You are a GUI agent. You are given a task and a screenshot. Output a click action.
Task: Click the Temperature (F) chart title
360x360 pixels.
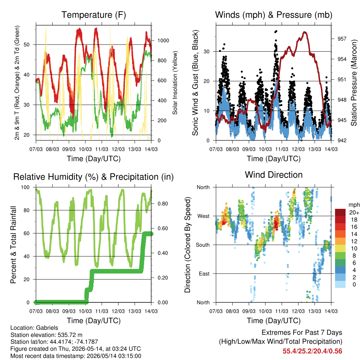click(x=94, y=15)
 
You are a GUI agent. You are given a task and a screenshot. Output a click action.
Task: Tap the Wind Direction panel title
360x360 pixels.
click(x=274, y=175)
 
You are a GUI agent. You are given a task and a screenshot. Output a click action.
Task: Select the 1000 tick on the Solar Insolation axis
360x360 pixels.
click(x=163, y=41)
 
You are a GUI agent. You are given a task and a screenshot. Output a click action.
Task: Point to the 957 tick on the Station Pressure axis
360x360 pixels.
click(x=342, y=39)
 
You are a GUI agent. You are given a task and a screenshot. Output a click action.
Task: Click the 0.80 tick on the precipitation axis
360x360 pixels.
click(x=163, y=204)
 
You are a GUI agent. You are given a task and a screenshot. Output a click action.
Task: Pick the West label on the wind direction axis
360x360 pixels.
click(x=204, y=216)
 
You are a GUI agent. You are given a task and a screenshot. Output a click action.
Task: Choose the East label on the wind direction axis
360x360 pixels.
click(x=204, y=274)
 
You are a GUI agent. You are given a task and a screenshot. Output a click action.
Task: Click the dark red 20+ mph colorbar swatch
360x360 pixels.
click(x=340, y=212)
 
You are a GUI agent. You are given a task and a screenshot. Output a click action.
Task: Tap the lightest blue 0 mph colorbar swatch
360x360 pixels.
click(x=340, y=284)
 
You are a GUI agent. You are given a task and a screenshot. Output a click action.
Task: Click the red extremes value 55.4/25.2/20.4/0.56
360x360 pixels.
click(x=312, y=351)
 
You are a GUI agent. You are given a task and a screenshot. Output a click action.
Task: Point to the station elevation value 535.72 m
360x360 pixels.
click(x=69, y=335)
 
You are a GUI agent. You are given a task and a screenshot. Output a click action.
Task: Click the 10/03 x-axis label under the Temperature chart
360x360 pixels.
click(x=85, y=149)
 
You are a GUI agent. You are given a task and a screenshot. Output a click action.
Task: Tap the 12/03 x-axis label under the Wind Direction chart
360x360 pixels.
click(x=298, y=311)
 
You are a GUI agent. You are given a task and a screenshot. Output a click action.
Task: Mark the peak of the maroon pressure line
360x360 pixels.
click(x=305, y=32)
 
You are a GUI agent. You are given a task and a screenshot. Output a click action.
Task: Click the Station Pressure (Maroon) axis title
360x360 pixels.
click(x=354, y=83)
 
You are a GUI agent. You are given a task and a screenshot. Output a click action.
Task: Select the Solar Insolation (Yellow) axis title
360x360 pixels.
click(x=175, y=83)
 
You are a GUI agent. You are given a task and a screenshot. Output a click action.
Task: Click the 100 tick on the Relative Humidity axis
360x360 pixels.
click(x=25, y=187)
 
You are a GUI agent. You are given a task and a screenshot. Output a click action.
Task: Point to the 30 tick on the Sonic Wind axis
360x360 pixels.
click(x=207, y=51)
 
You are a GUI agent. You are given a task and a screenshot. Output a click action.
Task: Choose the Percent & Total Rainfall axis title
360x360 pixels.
click(x=13, y=245)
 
